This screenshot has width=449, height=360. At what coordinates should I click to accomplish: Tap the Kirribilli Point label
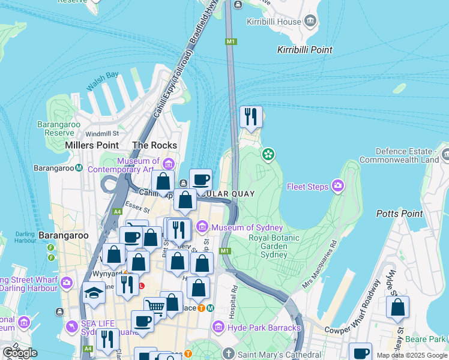(305, 50)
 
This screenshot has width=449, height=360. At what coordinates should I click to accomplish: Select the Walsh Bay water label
(102, 82)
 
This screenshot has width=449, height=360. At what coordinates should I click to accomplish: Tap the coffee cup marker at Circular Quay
(200, 179)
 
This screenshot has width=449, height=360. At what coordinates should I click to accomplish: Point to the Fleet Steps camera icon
(338, 187)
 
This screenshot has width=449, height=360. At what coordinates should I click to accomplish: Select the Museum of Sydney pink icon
(202, 227)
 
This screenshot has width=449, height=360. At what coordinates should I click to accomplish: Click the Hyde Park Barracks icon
(218, 327)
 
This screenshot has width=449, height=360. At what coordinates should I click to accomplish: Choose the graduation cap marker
(94, 293)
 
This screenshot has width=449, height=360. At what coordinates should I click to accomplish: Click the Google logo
(19, 353)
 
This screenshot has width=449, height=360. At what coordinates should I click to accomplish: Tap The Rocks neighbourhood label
(154, 145)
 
